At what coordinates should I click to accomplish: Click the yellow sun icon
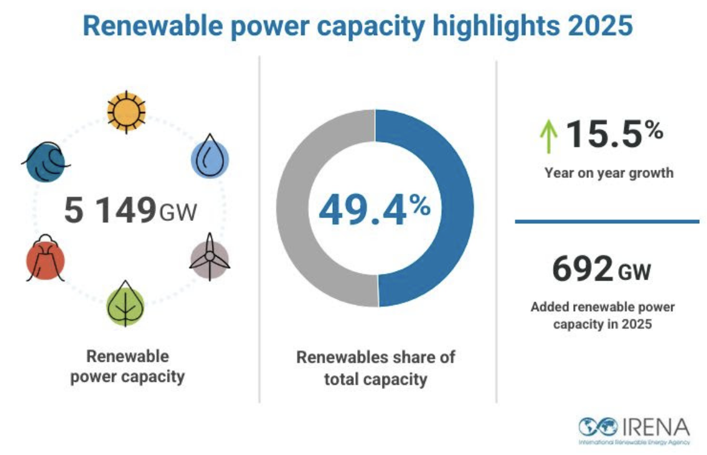(x=127, y=111)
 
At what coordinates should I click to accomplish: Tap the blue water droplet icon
(x=209, y=159)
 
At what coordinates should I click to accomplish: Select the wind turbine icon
(x=209, y=258)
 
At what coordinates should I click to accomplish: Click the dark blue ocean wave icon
(x=45, y=162)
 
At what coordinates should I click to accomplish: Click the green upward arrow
(x=548, y=137)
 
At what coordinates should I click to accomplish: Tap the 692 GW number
(x=601, y=270)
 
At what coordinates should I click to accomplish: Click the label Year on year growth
(x=608, y=173)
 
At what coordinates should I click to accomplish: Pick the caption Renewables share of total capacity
(x=375, y=368)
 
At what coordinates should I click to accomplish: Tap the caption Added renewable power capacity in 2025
(x=602, y=315)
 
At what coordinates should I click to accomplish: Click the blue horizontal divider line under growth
(x=607, y=221)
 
